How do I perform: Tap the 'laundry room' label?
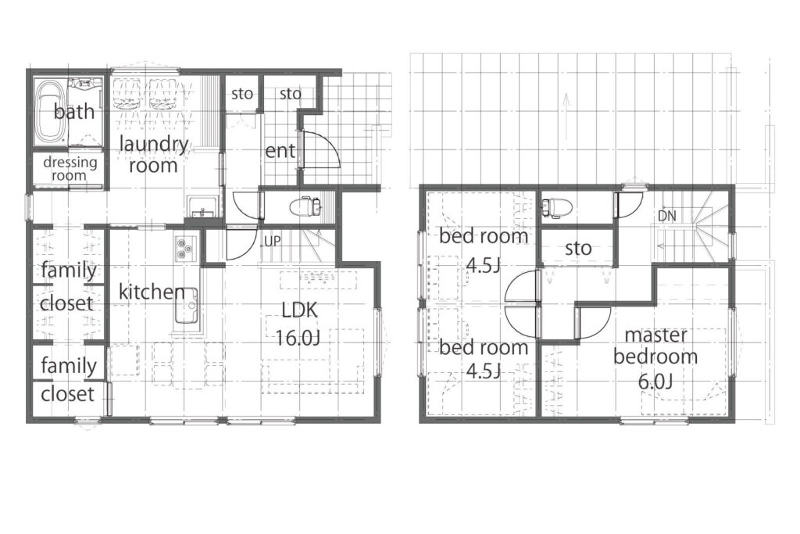[x=154, y=155]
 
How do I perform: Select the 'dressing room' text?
[x=70, y=169]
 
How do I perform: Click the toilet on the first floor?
[x=305, y=206]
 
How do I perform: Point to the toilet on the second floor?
[x=556, y=207]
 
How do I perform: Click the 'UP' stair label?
[x=273, y=241]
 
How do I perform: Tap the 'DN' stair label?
[x=667, y=216]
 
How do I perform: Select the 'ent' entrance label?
[x=280, y=151]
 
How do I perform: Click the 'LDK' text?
[x=299, y=310]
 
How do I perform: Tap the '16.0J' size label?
[x=298, y=338]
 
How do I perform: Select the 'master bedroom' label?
[x=655, y=346]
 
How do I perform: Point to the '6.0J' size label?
[x=655, y=381]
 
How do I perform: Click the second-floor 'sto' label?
[x=579, y=249]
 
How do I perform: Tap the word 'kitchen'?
[x=152, y=292]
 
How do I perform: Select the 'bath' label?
[x=74, y=111]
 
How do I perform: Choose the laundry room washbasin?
[x=204, y=206]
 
